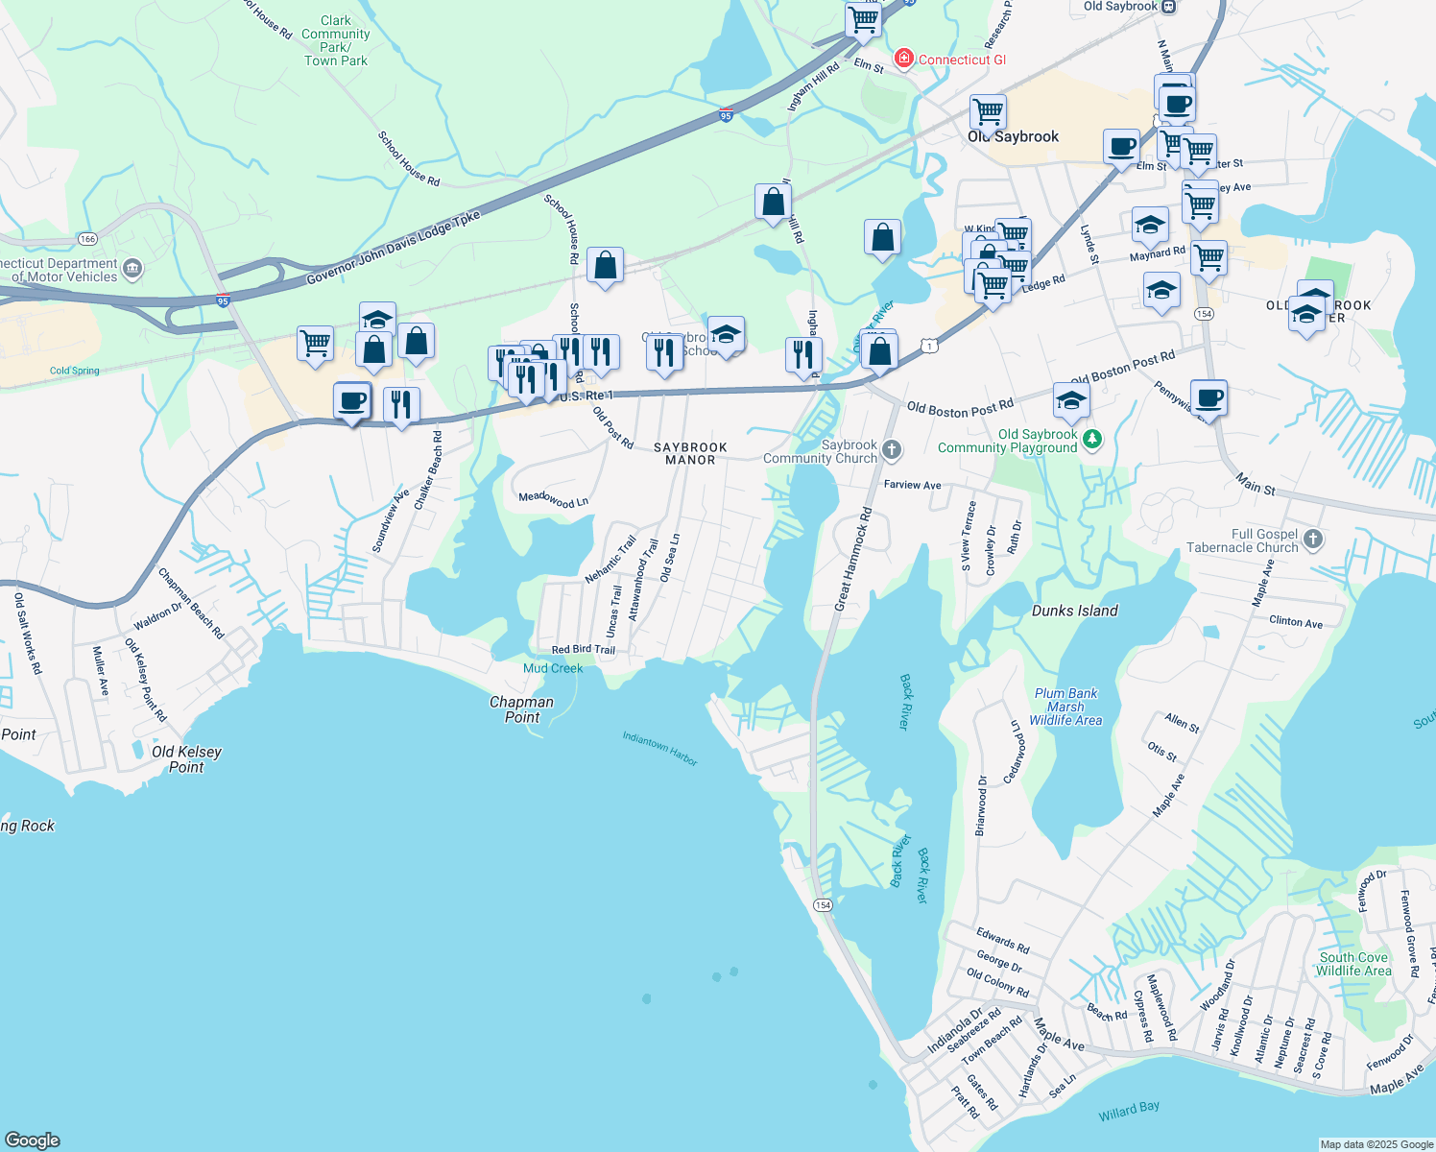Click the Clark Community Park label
pyautogui.click(x=336, y=40)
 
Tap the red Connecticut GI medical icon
pyautogui.click(x=903, y=60)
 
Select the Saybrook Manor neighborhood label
pyautogui.click(x=690, y=453)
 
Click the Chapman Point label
pyautogui.click(x=521, y=708)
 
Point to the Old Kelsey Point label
pyautogui.click(x=186, y=758)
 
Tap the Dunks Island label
pyautogui.click(x=1074, y=611)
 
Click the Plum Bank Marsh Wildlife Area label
pyautogui.click(x=1065, y=707)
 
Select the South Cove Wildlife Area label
pyautogui.click(x=1353, y=964)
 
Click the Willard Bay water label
pyautogui.click(x=1129, y=1111)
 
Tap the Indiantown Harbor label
pyautogui.click(x=659, y=748)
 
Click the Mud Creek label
pyautogui.click(x=553, y=668)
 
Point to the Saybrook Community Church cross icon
pyautogui.click(x=892, y=449)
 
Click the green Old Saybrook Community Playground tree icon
pyautogui.click(x=1091, y=440)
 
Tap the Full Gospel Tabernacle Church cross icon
pyautogui.click(x=1313, y=540)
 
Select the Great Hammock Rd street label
pyautogui.click(x=853, y=560)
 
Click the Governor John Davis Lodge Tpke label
pyautogui.click(x=394, y=248)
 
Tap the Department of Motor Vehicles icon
pyautogui.click(x=132, y=269)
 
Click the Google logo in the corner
pyautogui.click(x=33, y=1140)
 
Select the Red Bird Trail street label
pyautogui.click(x=583, y=650)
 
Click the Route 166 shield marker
pyautogui.click(x=88, y=238)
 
